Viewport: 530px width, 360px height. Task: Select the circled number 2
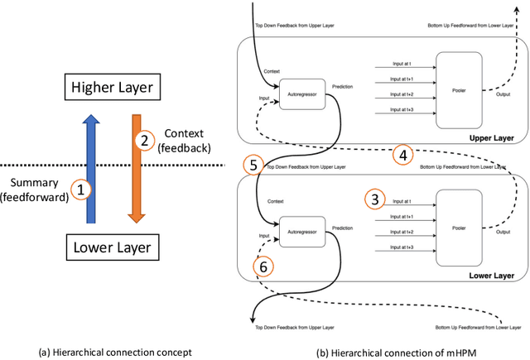tap(144, 141)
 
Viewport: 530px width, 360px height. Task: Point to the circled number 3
tap(374, 199)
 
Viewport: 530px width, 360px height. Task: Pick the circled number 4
tap(402, 155)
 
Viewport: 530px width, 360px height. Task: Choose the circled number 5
tap(253, 163)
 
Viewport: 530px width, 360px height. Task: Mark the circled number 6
tap(263, 266)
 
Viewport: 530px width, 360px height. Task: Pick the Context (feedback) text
tap(187, 141)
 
